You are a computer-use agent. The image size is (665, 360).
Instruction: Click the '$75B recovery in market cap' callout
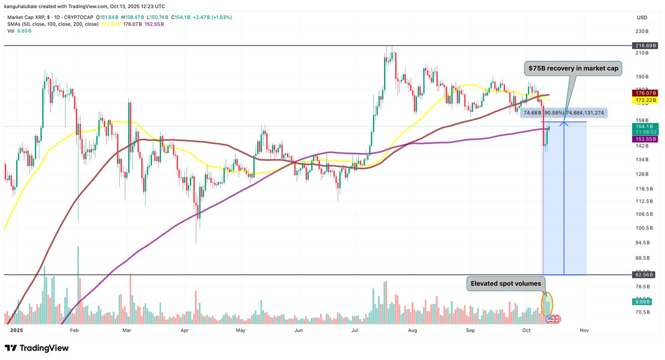573,69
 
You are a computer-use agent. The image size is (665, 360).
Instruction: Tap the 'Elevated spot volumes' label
505,284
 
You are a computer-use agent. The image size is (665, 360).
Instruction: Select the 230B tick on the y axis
642,32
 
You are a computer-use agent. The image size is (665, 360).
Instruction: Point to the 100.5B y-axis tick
642,228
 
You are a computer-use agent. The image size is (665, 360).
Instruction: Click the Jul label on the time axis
354,330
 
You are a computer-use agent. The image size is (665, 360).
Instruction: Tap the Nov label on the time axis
584,330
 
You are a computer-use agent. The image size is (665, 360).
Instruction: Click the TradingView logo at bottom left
37,348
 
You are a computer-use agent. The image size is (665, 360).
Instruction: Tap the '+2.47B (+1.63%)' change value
213,17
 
